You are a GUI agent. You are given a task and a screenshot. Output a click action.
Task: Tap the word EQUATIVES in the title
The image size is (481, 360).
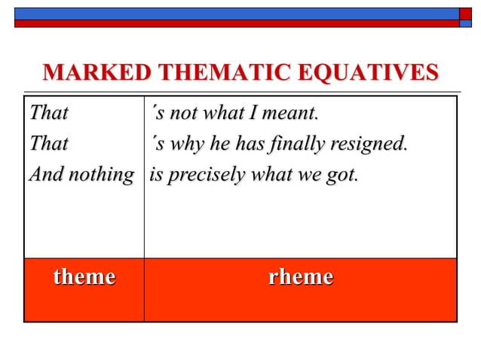tap(369, 73)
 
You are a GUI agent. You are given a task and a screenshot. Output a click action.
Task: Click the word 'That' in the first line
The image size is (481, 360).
tap(48, 114)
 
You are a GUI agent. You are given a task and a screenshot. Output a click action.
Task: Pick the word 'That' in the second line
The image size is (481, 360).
tap(48, 143)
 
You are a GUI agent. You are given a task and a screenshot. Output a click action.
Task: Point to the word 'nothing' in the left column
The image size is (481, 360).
tap(102, 175)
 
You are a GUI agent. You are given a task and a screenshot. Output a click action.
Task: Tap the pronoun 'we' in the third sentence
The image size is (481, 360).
tap(311, 175)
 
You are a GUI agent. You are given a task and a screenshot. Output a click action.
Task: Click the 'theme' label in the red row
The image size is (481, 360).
tap(84, 277)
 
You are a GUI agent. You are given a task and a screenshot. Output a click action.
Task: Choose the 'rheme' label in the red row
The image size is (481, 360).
tap(300, 277)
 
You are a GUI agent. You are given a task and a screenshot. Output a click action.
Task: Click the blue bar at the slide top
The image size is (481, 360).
tap(226, 13)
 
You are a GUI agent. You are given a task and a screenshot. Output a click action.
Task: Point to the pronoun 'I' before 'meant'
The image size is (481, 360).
tap(253, 114)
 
